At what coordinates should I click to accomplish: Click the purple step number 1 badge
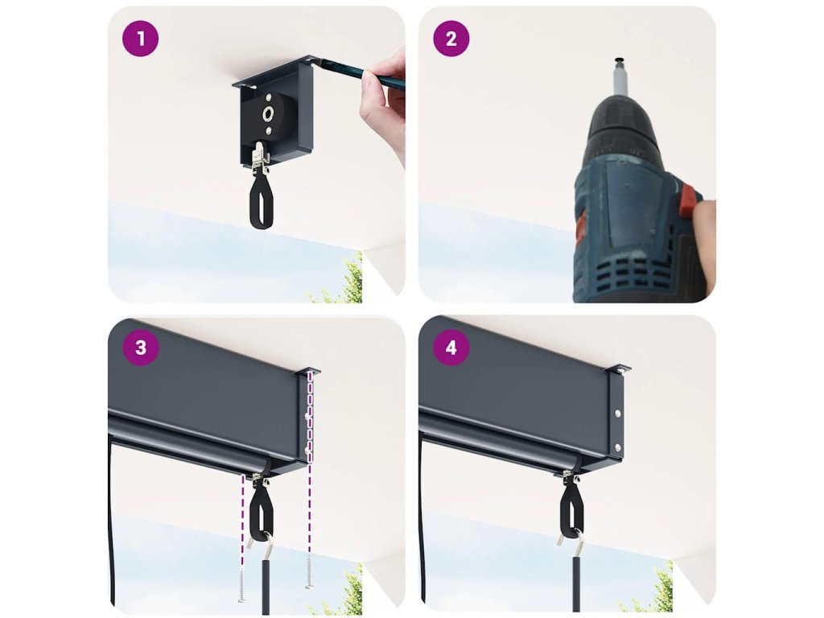(x=140, y=39)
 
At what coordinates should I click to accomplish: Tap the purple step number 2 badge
(x=451, y=39)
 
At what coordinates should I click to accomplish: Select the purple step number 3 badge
(x=140, y=348)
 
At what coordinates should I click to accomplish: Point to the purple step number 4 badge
(x=451, y=348)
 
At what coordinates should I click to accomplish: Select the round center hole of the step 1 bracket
(x=269, y=113)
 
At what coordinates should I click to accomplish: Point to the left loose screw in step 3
(x=241, y=584)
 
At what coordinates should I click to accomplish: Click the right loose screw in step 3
(x=308, y=571)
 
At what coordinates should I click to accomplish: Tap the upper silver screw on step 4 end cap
(x=617, y=413)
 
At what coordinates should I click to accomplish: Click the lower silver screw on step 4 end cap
(x=617, y=447)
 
